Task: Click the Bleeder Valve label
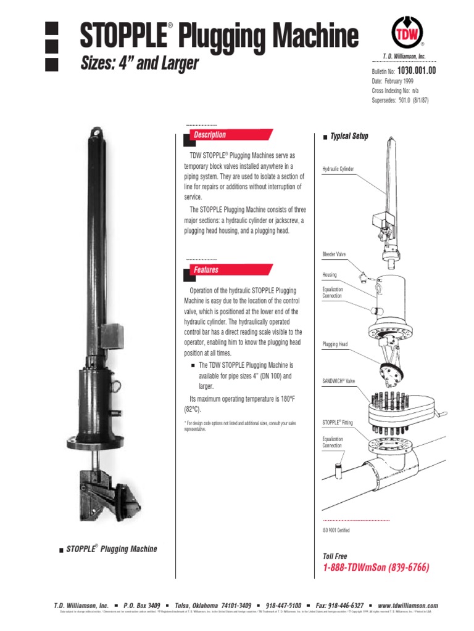point(335,254)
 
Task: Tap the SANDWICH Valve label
point(339,382)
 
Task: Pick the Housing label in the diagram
point(330,275)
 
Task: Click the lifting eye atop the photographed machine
point(98,130)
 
